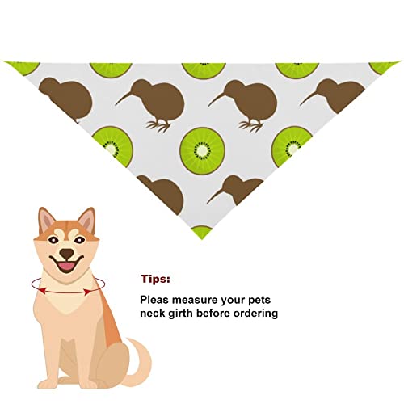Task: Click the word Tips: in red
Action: point(156,280)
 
